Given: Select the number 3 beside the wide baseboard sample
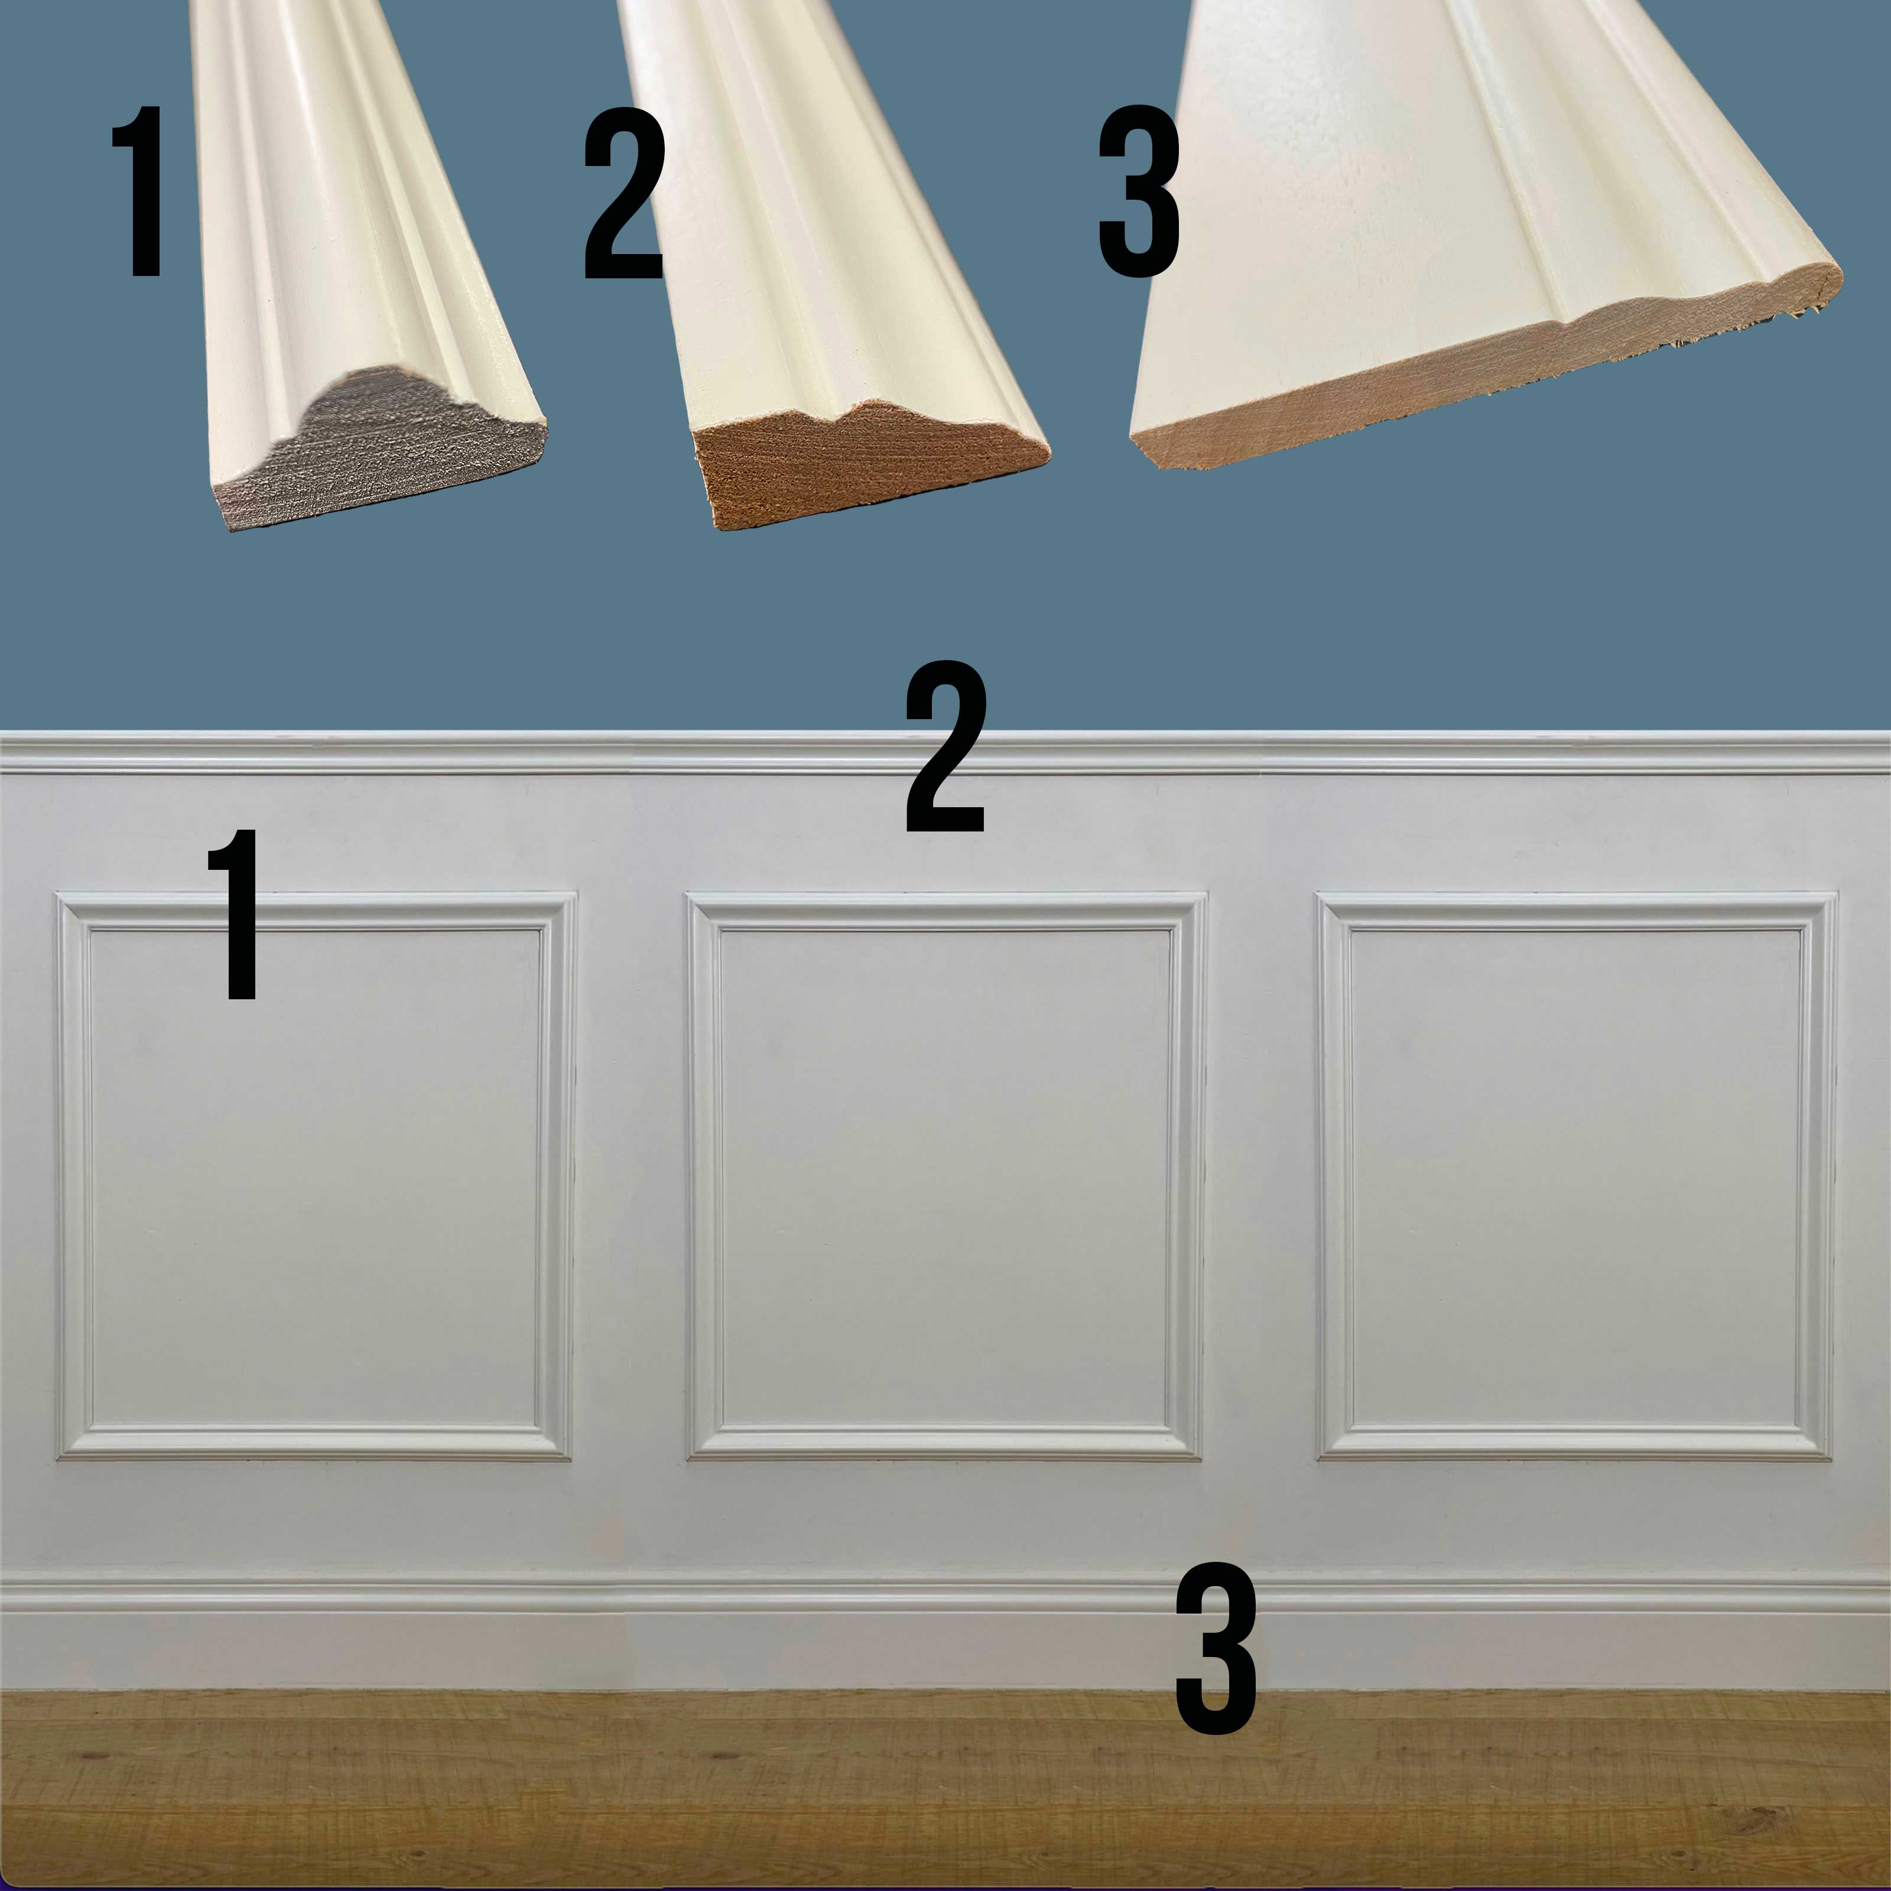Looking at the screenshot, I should (1138, 192).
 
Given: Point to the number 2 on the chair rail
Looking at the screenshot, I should (944, 748).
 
